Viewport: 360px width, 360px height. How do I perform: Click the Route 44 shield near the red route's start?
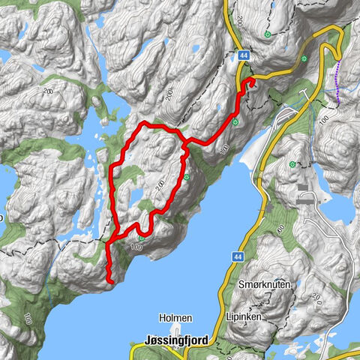click(244, 55)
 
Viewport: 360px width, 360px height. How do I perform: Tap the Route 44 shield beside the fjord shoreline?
click(237, 256)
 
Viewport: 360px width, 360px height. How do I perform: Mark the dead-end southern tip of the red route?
click(109, 281)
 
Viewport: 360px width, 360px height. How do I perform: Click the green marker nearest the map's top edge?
click(267, 34)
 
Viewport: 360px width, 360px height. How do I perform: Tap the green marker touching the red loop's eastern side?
click(186, 178)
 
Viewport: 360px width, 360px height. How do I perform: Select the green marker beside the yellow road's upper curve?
click(304, 58)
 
